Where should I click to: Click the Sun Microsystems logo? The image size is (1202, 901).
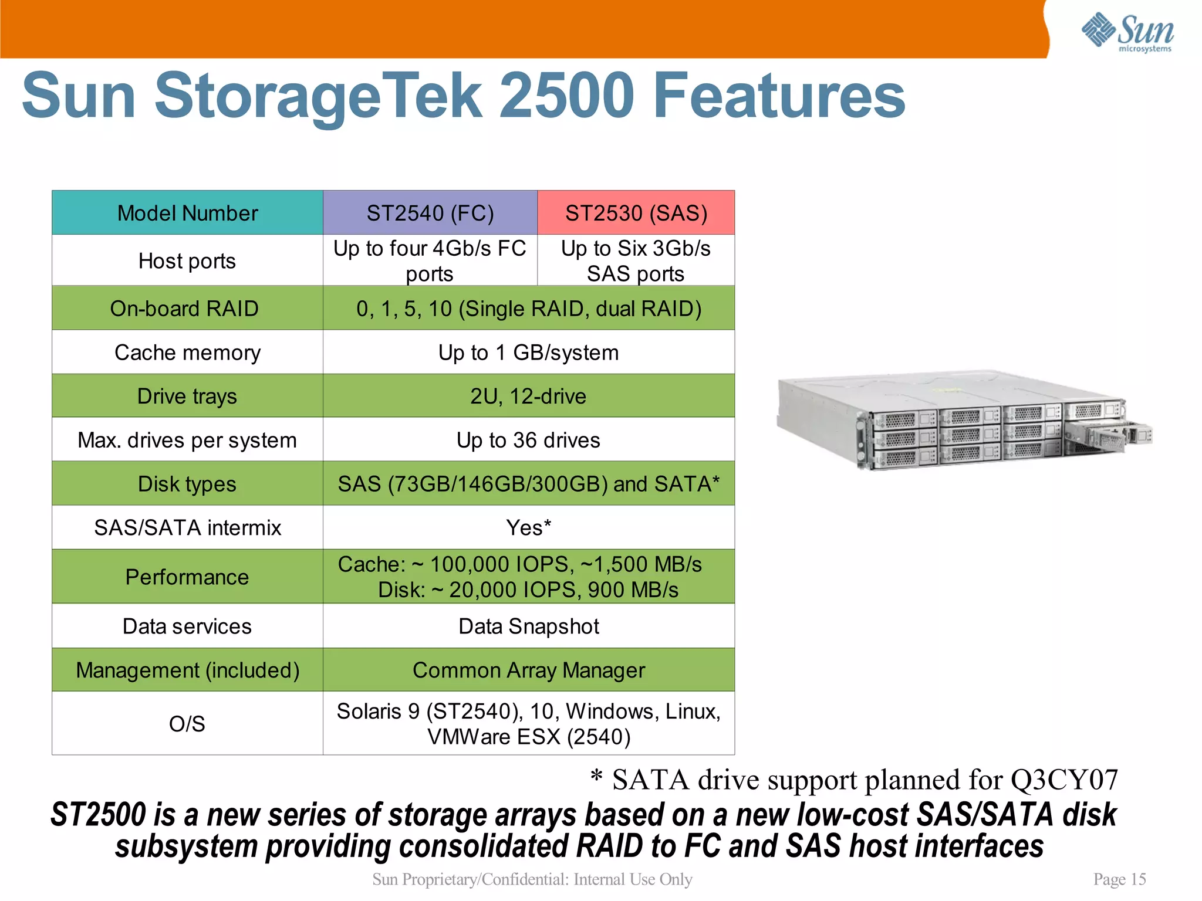(1127, 32)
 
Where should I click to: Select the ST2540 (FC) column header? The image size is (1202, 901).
(430, 213)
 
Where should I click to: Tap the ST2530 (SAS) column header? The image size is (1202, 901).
(636, 213)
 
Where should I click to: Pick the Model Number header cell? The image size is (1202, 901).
(187, 213)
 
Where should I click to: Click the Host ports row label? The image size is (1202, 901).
(187, 261)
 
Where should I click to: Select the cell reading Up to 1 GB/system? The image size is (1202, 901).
(528, 353)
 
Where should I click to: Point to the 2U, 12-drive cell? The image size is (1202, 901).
(528, 397)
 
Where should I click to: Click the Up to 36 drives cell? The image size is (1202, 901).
(528, 440)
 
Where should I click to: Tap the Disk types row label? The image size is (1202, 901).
(187, 484)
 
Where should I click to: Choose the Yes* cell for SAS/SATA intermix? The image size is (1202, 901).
(528, 528)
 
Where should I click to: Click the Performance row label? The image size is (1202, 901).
(187, 577)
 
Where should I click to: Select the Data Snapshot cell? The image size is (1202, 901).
(528, 626)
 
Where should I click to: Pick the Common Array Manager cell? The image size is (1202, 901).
(528, 670)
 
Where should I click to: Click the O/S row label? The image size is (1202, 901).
(187, 724)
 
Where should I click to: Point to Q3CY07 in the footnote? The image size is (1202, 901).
(1063, 780)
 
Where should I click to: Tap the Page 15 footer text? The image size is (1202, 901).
(1119, 879)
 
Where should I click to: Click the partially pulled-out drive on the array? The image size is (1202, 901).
(1106, 436)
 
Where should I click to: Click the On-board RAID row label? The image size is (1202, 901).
(184, 309)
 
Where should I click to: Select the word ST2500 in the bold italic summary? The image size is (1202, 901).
(98, 815)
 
